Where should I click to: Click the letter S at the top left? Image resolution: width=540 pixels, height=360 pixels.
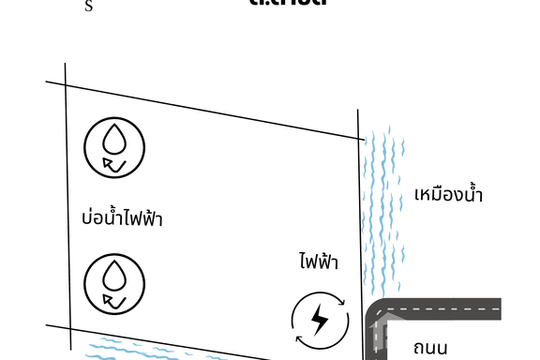coord(89,7)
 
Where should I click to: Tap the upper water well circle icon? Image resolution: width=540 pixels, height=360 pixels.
coord(114,147)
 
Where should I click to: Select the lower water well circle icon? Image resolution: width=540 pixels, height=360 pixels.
coord(114,284)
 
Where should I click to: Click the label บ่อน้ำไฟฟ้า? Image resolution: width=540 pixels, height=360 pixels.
coord(122,219)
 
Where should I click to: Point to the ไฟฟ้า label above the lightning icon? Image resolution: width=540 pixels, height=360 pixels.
coord(319,261)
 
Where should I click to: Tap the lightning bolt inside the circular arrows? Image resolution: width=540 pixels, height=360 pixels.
coord(319,321)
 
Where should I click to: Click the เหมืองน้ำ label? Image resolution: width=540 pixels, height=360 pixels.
coord(448,195)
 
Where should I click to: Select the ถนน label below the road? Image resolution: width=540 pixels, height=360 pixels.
coord(437,348)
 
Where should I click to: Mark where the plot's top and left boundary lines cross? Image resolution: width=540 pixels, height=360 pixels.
coord(66,85)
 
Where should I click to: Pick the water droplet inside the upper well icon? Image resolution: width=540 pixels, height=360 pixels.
coord(114,141)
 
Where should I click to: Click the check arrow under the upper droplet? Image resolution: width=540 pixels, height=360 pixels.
coord(115,165)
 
